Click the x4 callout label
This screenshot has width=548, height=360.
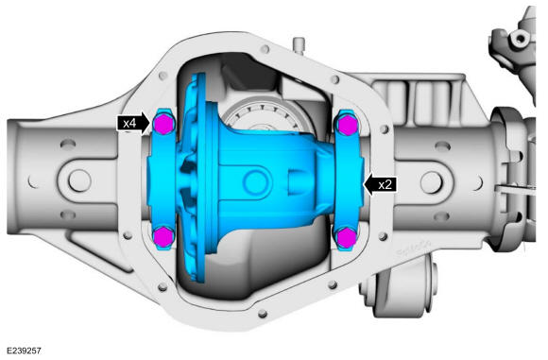coord(129,123)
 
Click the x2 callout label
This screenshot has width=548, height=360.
coord(385,184)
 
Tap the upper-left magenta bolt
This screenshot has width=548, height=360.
coord(163,124)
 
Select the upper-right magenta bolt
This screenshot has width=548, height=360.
coord(347,125)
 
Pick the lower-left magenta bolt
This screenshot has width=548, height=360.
coord(163,236)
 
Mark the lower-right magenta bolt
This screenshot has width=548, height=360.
coord(346,238)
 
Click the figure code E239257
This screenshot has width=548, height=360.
coord(24,351)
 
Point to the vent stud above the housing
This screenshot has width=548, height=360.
coord(299,45)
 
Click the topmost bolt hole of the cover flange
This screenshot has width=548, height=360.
coord(265,48)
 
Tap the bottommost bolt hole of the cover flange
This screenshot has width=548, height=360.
coord(263,314)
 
